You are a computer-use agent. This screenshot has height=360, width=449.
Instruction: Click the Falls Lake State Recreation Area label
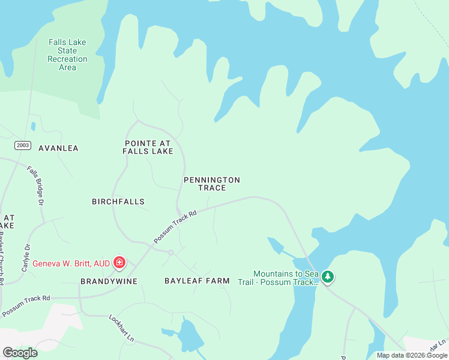click(67, 55)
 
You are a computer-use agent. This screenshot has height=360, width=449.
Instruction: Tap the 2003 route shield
click(23, 146)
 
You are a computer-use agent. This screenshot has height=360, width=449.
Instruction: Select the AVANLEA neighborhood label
click(58, 148)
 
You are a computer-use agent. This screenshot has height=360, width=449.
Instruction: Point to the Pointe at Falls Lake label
click(148, 147)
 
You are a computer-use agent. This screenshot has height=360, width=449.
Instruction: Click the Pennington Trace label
click(212, 184)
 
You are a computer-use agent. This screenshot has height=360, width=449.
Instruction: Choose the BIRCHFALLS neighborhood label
click(118, 202)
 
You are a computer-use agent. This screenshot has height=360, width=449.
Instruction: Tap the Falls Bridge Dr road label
click(36, 186)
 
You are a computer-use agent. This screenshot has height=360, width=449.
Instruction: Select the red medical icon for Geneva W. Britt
click(119, 263)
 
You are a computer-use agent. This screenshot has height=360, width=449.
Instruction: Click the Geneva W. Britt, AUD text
click(71, 263)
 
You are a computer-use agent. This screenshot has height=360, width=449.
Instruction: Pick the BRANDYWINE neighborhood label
click(109, 281)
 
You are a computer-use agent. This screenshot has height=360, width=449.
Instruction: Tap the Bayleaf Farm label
click(197, 280)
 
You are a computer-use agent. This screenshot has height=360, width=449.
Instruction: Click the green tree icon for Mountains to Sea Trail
click(327, 277)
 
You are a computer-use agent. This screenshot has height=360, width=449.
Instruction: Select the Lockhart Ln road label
click(122, 328)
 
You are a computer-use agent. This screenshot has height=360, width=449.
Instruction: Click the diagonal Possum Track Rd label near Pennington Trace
click(175, 226)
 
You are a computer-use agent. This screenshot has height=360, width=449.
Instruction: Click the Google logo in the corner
click(20, 353)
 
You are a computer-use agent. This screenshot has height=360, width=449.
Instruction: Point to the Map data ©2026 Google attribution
click(412, 355)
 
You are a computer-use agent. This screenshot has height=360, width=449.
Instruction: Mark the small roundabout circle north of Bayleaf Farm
click(171, 253)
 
